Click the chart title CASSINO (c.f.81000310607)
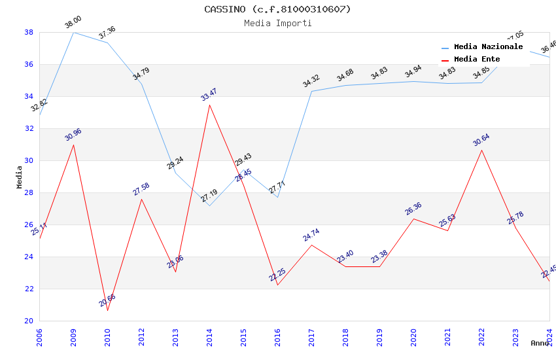[x=277, y=9]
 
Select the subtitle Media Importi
[x=277, y=23]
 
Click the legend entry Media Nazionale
[x=488, y=46]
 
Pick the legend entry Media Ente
[x=477, y=59]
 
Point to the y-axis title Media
[x=19, y=177]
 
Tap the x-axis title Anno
[x=540, y=343]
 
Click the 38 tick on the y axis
[x=29, y=32]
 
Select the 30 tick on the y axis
[x=29, y=160]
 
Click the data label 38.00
[x=73, y=23]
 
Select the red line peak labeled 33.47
[x=209, y=105]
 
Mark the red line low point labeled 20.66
[x=107, y=310]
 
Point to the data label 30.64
[x=481, y=140]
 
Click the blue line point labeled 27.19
[x=209, y=206]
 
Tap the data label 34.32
[x=311, y=82]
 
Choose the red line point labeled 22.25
[x=277, y=285]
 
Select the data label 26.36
[x=413, y=209]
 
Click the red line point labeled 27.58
[x=141, y=199]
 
